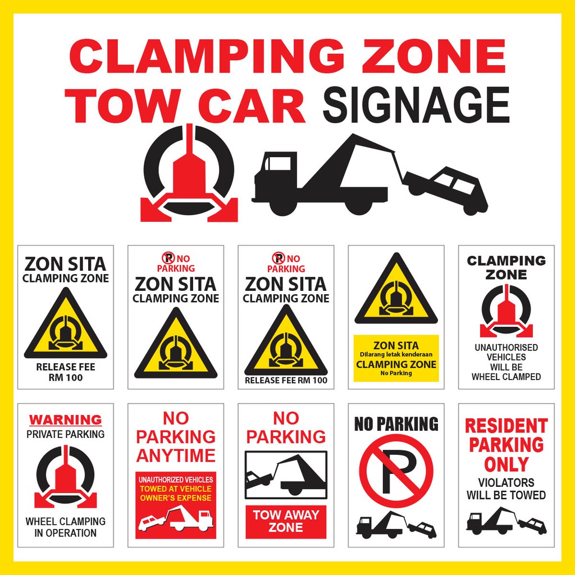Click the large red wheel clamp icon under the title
(x=189, y=174)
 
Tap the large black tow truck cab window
(x=279, y=163)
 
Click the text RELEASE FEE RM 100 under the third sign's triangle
(x=286, y=380)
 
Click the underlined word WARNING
(x=66, y=419)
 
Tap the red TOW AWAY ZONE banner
(x=286, y=521)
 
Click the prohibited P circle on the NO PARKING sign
(x=396, y=471)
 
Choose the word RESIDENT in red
(x=506, y=426)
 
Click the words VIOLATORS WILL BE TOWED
(x=506, y=489)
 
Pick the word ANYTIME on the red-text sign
(x=176, y=455)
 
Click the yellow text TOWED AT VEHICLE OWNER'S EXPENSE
(x=176, y=494)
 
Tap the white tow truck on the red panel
(x=191, y=518)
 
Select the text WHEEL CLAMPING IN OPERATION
(x=66, y=527)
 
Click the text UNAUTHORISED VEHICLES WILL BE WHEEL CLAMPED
(x=506, y=362)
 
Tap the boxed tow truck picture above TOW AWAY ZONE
(x=286, y=475)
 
